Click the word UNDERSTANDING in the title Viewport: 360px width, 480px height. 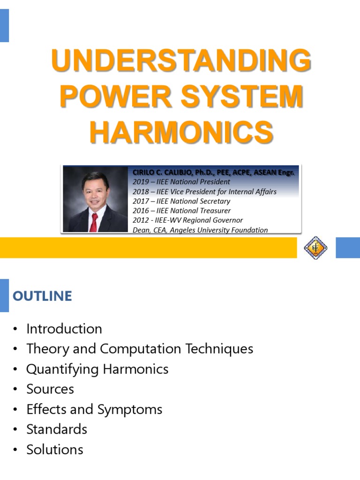181,61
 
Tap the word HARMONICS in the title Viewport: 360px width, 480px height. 181,132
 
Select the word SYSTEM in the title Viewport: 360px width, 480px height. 242,97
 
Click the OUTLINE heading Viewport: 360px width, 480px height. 42,296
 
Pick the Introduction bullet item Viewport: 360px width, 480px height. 64,329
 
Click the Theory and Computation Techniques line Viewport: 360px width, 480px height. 140,349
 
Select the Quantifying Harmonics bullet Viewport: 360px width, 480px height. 97,369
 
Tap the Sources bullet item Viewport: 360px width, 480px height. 50,389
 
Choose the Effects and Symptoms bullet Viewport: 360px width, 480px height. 94,409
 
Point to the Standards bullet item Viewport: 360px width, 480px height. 57,429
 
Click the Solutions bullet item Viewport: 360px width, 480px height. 55,450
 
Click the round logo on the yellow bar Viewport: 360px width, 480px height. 315,247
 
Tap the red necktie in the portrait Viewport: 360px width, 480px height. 94,222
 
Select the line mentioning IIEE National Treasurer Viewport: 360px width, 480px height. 181,210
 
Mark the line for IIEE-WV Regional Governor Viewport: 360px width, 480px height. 187,220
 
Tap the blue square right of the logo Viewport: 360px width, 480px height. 347,247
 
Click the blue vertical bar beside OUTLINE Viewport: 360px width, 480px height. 4,295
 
